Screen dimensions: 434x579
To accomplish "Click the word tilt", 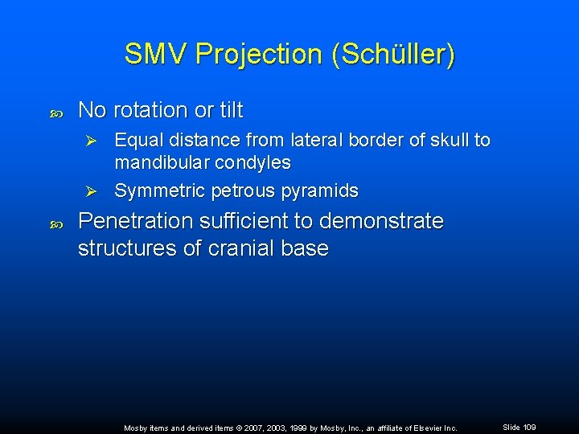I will click(228, 110).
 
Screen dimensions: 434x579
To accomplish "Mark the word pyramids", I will click(319, 191).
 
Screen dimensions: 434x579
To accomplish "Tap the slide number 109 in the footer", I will click(528, 427).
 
